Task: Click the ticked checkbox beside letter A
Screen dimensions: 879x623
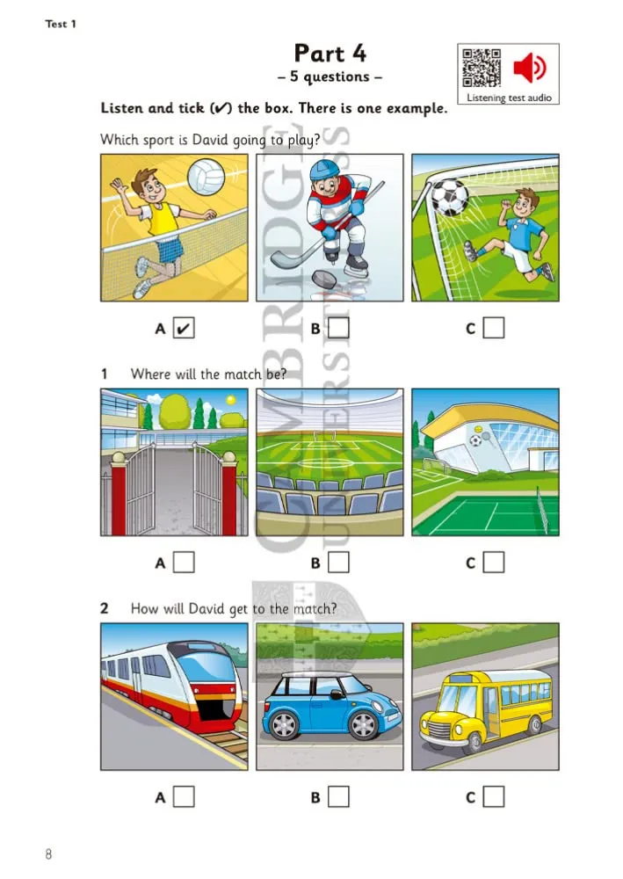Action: click(x=184, y=329)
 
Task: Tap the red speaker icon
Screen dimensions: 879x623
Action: click(x=531, y=67)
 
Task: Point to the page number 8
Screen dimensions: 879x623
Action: click(x=49, y=854)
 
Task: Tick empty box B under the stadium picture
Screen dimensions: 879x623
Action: click(x=339, y=562)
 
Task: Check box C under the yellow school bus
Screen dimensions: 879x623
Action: click(x=495, y=796)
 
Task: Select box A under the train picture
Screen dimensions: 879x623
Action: click(x=184, y=796)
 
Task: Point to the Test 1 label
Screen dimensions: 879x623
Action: click(x=61, y=24)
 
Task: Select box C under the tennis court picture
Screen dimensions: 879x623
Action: click(x=495, y=562)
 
